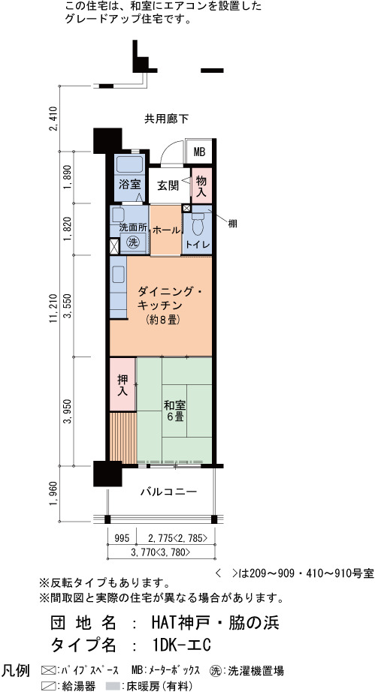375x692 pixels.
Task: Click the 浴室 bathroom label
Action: (x=129, y=185)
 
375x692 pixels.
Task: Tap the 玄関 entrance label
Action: (x=168, y=186)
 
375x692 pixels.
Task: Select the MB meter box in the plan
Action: (x=200, y=152)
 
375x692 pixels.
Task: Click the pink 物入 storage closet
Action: (x=202, y=185)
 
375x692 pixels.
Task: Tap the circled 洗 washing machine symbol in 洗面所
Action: (x=132, y=242)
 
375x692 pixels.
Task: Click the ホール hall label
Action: (x=166, y=230)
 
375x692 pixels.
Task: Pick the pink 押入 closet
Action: (x=122, y=384)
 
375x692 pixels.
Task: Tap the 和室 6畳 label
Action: (x=174, y=411)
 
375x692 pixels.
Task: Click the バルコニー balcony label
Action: (x=169, y=492)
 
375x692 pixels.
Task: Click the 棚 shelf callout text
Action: (x=232, y=224)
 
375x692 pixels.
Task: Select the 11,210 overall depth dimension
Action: (x=54, y=308)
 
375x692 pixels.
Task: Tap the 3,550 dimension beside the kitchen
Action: (x=68, y=306)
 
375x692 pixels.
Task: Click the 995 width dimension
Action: (x=122, y=538)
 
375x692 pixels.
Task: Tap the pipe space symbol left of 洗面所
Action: (x=114, y=245)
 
